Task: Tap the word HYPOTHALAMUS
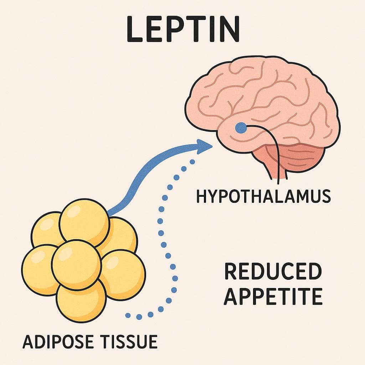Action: pos(263,196)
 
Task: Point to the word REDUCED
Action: pos(273,272)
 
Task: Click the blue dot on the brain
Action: pos(241,127)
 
